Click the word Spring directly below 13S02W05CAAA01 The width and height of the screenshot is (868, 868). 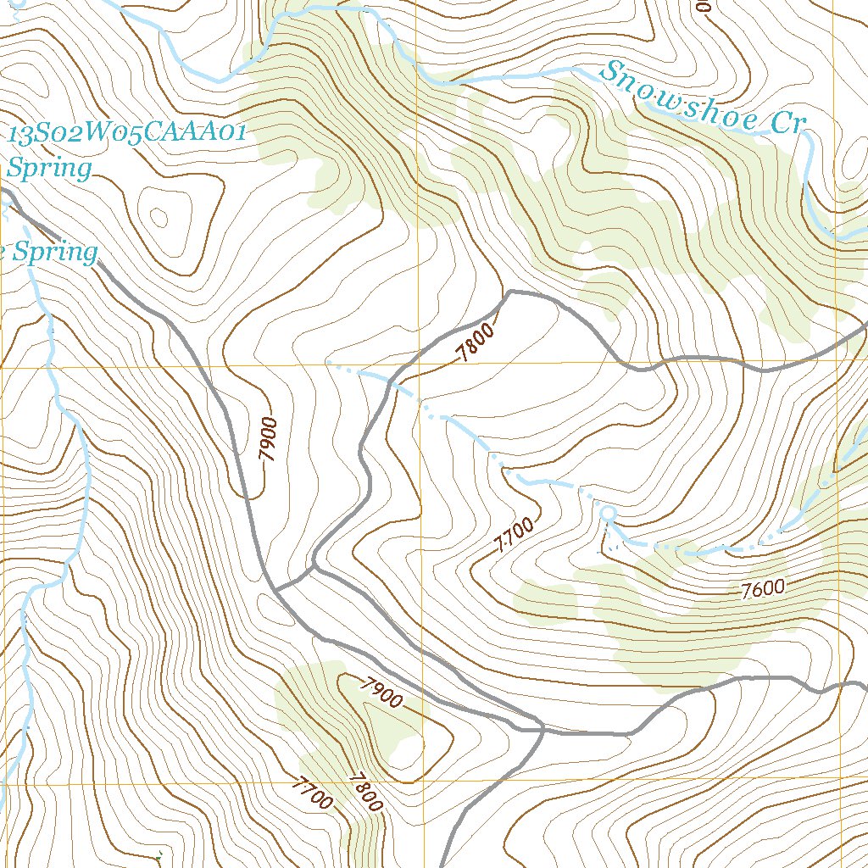(x=50, y=168)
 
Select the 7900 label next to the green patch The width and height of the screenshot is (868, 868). (x=380, y=693)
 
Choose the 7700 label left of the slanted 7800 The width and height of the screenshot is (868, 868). (x=311, y=794)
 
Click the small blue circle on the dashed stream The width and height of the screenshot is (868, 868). (x=607, y=513)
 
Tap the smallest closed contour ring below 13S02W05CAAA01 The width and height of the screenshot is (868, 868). (x=159, y=216)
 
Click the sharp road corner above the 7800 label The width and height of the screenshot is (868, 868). (x=509, y=293)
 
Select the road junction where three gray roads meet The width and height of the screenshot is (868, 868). (x=539, y=727)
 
